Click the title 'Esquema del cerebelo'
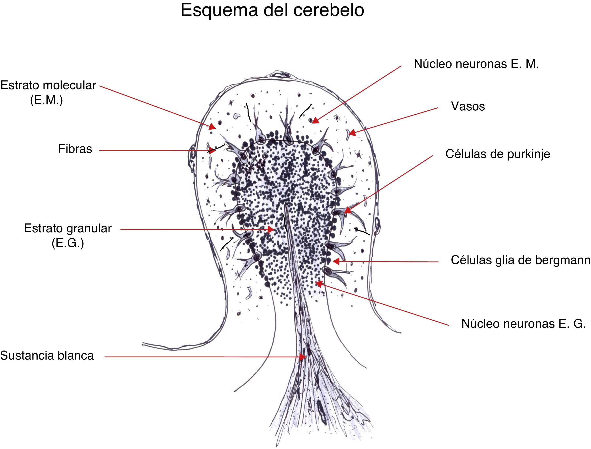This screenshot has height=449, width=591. click(x=272, y=11)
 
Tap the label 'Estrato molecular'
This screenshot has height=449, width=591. click(x=48, y=85)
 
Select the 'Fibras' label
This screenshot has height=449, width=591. click(x=75, y=149)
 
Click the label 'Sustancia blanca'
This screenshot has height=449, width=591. click(x=47, y=356)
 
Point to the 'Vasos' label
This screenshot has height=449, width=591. click(x=468, y=106)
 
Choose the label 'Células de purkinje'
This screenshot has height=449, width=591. click(x=498, y=154)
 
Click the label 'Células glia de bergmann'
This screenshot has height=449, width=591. click(x=520, y=260)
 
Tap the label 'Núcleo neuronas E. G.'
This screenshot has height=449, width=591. click(x=523, y=324)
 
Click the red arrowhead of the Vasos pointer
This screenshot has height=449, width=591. click(x=352, y=132)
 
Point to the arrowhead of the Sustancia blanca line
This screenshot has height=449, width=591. click(x=303, y=357)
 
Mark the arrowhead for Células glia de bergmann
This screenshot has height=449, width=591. click(x=336, y=261)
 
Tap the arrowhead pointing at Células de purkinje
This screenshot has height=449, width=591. click(x=347, y=210)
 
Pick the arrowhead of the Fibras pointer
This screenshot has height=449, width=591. click(x=212, y=150)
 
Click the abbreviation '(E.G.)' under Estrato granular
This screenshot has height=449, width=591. click(x=68, y=243)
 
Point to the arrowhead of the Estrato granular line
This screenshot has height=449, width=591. click(x=271, y=229)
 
